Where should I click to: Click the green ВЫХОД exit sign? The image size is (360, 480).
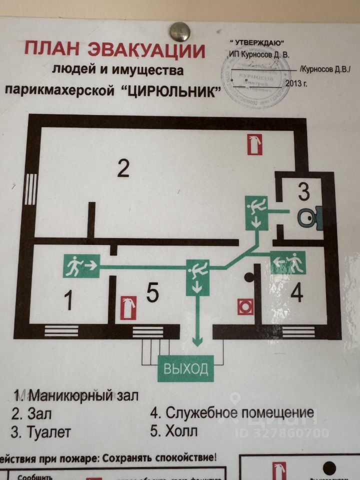point(185,369)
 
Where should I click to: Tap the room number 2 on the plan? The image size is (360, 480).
point(123,168)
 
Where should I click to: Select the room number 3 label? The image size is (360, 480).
point(304,191)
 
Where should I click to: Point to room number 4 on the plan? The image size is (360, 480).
point(296,294)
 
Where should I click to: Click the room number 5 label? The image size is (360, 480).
point(153,293)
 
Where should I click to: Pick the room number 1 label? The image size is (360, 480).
point(68,301)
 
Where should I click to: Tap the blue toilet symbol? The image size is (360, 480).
point(308,216)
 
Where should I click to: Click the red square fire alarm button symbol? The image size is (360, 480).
point(245,306)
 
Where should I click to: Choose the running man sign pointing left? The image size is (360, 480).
point(288,263)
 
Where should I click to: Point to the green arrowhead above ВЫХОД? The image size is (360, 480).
point(198,341)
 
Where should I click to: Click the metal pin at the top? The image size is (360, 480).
point(179,31)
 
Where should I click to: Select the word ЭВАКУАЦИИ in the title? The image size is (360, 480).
point(146,50)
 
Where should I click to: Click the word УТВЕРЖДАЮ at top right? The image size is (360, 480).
point(257,42)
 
